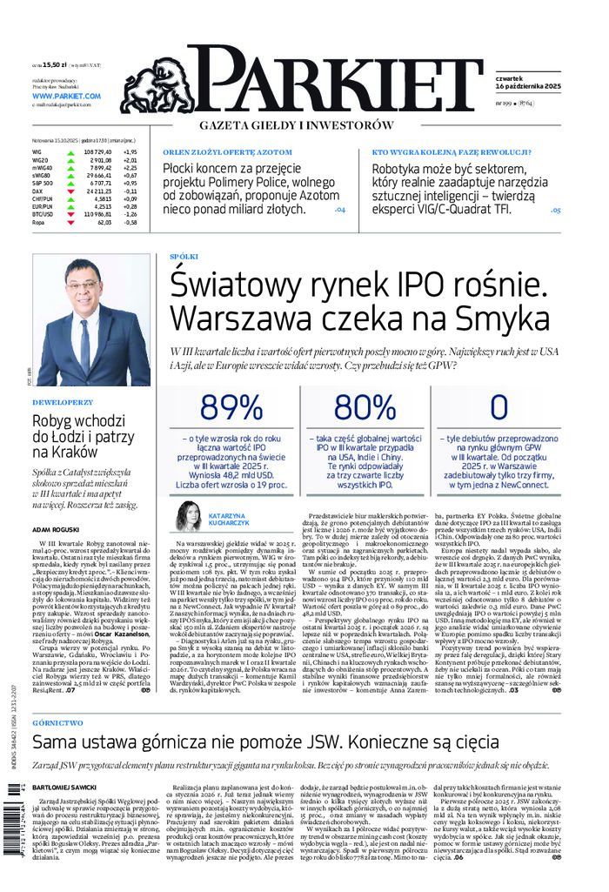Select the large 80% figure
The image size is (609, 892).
click(x=365, y=406)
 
